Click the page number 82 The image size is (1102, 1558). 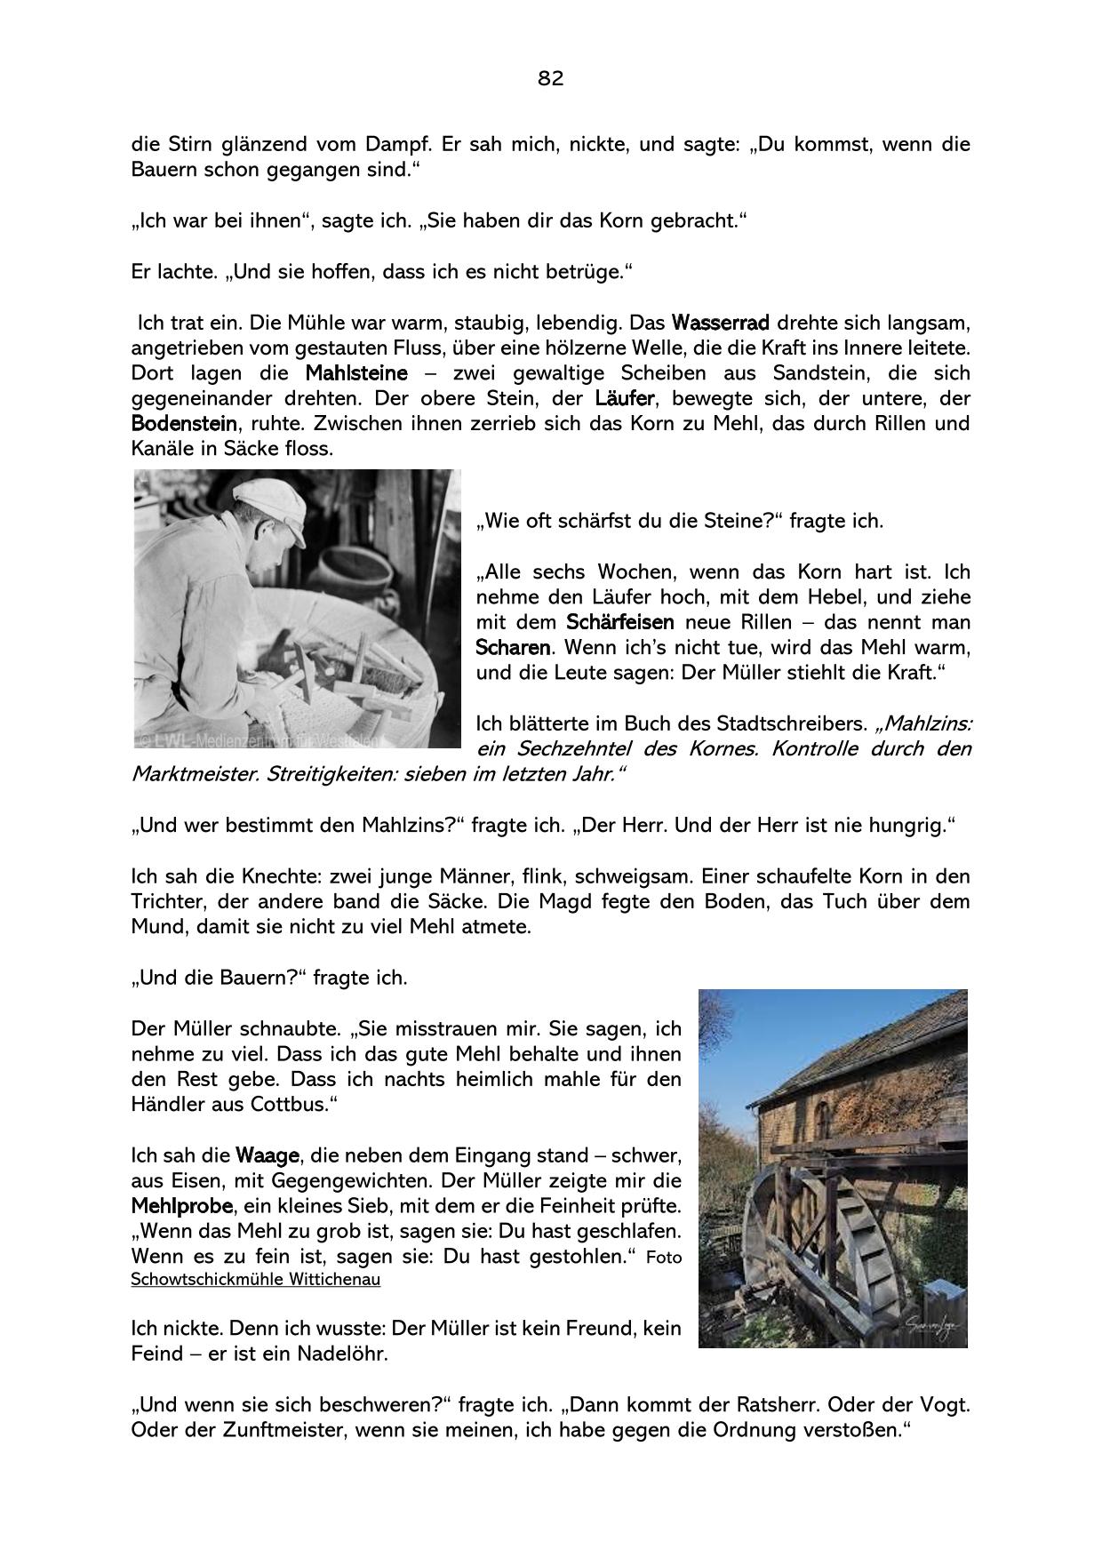click(x=550, y=78)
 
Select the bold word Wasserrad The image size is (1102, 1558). click(x=720, y=321)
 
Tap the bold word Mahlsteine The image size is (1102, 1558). click(x=356, y=372)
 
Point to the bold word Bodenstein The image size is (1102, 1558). click(x=184, y=423)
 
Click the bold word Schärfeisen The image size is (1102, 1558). click(x=620, y=621)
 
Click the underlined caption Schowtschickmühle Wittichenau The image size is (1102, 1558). click(x=255, y=1280)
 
